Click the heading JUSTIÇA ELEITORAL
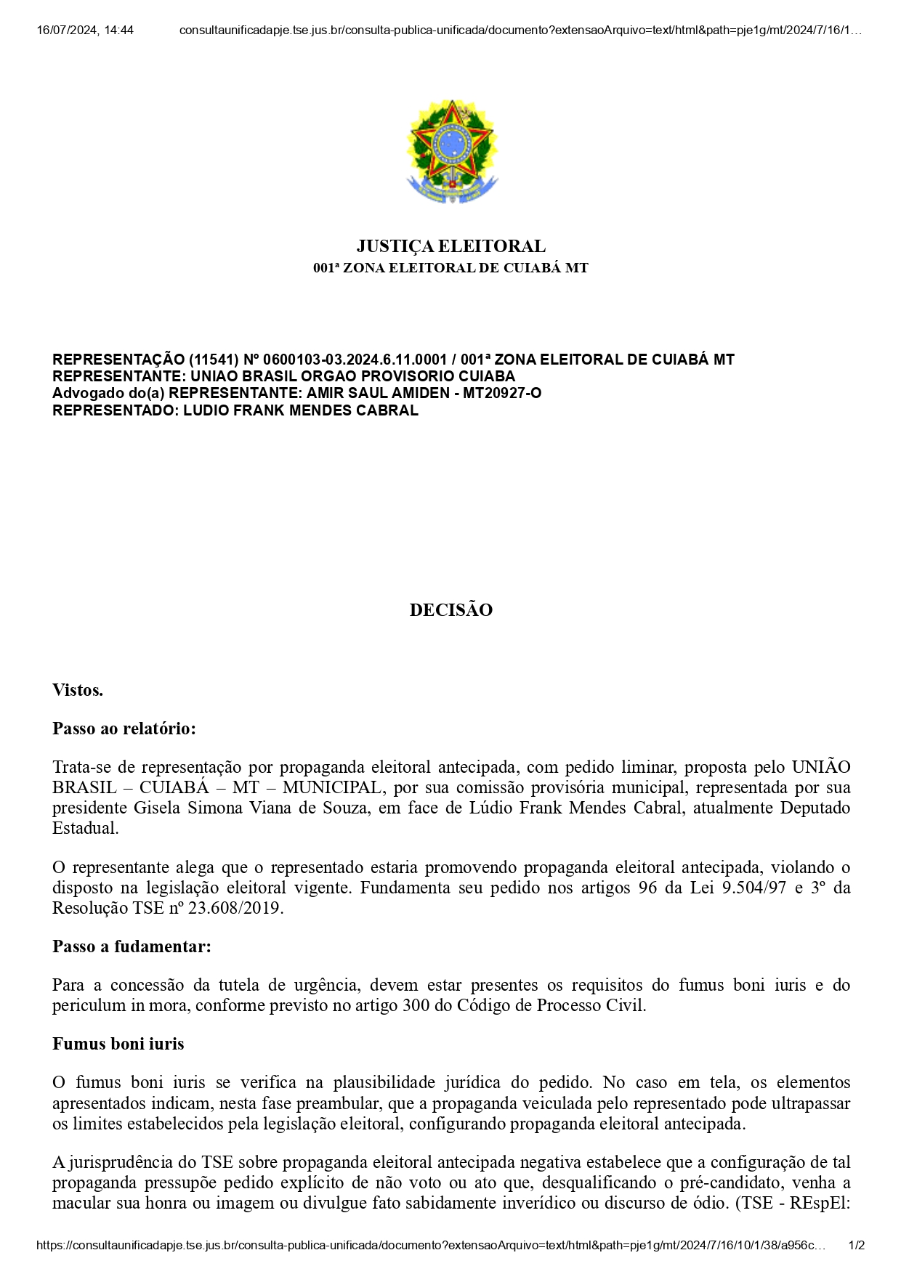450,246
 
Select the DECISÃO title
450,610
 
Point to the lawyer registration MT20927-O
502,393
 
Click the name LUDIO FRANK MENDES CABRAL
301,410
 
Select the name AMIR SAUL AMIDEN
378,393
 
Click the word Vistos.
78,690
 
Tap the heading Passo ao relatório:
124,729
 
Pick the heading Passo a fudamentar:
132,946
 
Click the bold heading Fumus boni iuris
118,1044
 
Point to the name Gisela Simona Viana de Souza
250,808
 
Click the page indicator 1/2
857,1246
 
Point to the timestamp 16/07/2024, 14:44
85,31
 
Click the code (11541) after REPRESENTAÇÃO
214,360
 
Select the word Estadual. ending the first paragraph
86,828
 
